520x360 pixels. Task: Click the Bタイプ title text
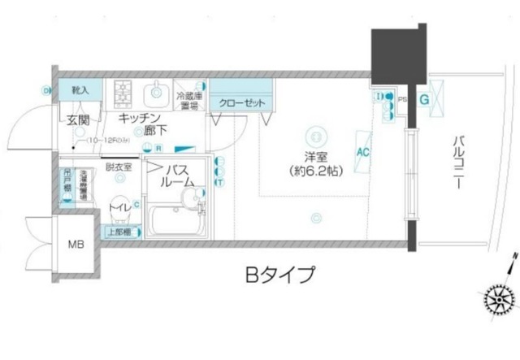pyautogui.click(x=279, y=275)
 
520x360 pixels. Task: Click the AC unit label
pyautogui.click(x=363, y=151)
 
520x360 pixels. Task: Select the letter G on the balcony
pyautogui.click(x=424, y=98)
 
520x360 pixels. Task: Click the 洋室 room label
pyautogui.click(x=314, y=157)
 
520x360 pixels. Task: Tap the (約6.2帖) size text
pyautogui.click(x=314, y=171)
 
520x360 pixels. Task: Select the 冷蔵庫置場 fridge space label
pyautogui.click(x=188, y=100)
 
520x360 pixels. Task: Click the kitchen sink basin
pyautogui.click(x=155, y=91)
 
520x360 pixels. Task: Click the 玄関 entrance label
pyautogui.click(x=79, y=121)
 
